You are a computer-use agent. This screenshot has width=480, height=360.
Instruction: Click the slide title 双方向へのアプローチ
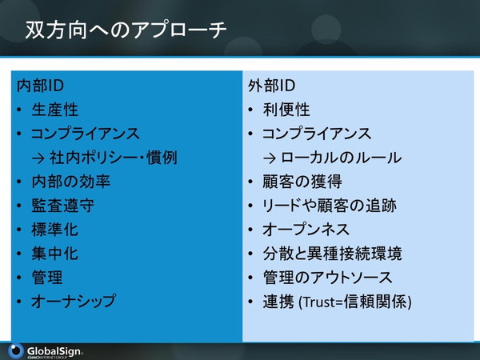[126, 30]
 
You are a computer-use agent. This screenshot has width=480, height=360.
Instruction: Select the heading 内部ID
[40, 86]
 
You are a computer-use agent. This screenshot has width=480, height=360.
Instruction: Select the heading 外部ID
[271, 86]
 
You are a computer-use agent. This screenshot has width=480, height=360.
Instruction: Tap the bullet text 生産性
[54, 110]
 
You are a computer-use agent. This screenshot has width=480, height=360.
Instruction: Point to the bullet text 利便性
[286, 110]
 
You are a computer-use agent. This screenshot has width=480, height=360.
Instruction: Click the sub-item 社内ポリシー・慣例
[114, 158]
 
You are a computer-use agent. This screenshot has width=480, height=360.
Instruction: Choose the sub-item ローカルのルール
[341, 158]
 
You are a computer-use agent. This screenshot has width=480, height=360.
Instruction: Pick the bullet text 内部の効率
[70, 182]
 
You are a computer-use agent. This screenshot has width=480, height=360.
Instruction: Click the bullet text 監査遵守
[62, 206]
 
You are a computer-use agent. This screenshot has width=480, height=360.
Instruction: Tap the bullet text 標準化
[54, 230]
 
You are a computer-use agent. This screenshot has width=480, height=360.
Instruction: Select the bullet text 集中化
[54, 254]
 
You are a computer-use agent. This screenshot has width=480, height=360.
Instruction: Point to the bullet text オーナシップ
[74, 302]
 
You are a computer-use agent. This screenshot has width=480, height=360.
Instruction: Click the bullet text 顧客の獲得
[302, 182]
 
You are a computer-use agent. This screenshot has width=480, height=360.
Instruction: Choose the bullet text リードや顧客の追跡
[330, 206]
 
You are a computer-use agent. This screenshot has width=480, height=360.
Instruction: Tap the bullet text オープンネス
[306, 230]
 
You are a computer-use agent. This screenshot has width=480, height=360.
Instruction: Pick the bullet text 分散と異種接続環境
[333, 254]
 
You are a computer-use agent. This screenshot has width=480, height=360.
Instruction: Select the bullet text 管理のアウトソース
[327, 278]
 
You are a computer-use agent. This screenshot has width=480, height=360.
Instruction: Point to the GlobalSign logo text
[54, 351]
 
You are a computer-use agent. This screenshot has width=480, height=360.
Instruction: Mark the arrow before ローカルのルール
[270, 158]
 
